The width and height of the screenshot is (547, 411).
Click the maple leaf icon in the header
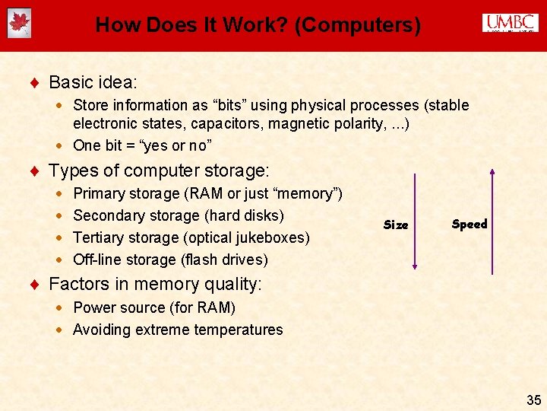tap(19, 24)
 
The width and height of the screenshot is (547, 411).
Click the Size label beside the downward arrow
tap(396, 225)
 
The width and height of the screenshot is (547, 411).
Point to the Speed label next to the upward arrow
tap(470, 224)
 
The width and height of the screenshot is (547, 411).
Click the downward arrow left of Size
tap(415, 221)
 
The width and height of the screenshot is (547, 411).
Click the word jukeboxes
tap(271, 237)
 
